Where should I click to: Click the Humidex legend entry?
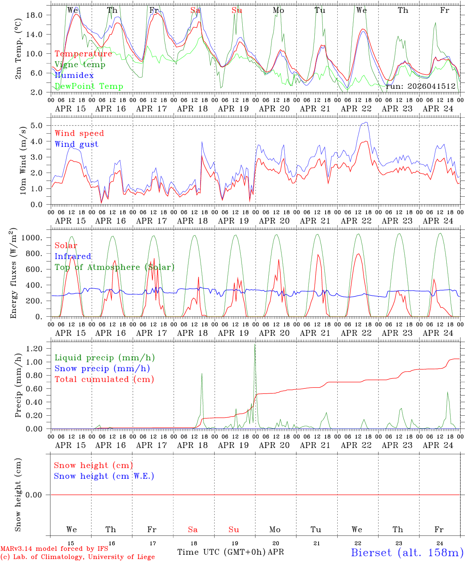74,75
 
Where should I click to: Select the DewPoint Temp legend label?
89,86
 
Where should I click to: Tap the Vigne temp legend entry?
80,64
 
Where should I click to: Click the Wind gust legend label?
76,144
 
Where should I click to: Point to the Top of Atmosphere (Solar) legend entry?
114,267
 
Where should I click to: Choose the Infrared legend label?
73,256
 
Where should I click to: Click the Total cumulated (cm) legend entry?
104,379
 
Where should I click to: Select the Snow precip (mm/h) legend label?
102,369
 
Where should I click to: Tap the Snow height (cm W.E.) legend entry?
104,476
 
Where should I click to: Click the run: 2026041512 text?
420,86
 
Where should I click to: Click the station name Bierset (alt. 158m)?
407,552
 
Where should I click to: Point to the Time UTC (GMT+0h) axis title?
222,552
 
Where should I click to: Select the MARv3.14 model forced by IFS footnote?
54,549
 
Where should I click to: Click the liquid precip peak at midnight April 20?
255,345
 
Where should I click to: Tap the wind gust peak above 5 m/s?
365,123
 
